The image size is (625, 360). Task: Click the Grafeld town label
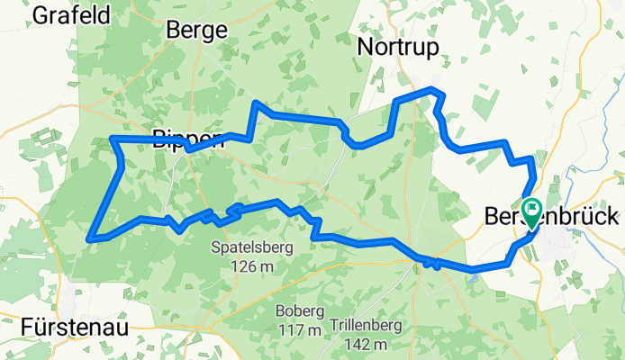71,15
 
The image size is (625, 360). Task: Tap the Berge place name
195,31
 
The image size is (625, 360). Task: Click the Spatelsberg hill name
252,247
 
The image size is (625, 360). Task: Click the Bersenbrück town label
551,217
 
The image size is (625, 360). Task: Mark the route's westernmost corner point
89,238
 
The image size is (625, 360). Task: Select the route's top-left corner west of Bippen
112,139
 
